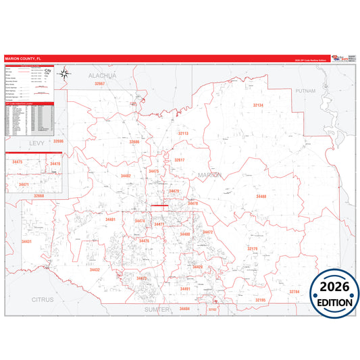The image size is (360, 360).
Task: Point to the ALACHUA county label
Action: point(102,76)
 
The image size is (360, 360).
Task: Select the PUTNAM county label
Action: point(305,90)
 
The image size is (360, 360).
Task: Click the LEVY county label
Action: point(36,144)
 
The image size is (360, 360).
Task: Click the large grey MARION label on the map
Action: point(209,175)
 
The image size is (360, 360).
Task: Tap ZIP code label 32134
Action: point(259,105)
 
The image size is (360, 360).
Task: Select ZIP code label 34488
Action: point(261,196)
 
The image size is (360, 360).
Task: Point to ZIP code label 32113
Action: point(183,134)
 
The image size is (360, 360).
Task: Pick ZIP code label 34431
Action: point(26,241)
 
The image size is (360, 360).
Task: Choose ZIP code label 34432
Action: point(95,269)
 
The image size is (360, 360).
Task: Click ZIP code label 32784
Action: point(294,291)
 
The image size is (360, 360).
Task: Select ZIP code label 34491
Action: point(186,288)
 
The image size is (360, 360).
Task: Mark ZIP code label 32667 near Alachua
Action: point(100,83)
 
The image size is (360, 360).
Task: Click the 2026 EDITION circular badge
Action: point(334,294)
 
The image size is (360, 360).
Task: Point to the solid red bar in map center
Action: point(160,205)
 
